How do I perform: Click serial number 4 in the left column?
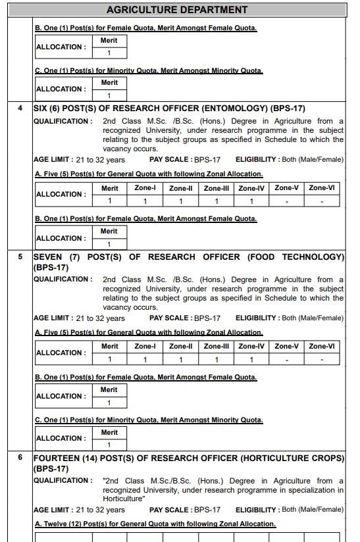coord(20,108)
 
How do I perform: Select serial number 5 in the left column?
coord(20,257)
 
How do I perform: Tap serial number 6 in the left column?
coord(20,457)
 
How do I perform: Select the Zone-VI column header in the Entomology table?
coord(322,188)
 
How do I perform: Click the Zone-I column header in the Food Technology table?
coord(145,347)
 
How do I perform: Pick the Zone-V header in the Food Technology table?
coord(287,347)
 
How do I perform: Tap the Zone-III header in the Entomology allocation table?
coord(216,188)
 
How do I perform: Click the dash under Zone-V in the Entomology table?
coord(287,201)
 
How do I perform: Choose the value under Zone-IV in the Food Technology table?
coord(251,360)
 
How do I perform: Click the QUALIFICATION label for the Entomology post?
coord(63,121)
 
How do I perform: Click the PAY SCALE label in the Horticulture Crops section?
coord(170,509)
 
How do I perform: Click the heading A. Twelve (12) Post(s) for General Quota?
coord(155,524)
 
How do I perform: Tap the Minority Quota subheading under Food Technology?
coord(148,420)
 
